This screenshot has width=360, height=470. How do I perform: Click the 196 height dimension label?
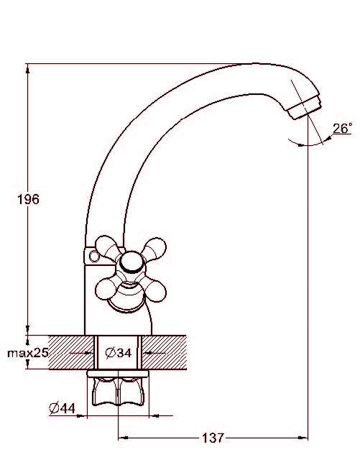[x=28, y=199]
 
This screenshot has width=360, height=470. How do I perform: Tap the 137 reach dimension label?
[x=213, y=438]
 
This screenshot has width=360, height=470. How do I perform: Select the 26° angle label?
[x=342, y=129]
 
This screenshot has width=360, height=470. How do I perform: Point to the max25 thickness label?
[x=27, y=353]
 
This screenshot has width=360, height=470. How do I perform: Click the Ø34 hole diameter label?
[x=119, y=353]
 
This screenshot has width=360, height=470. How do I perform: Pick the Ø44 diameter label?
[x=62, y=408]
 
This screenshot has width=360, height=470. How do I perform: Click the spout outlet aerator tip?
[x=304, y=107]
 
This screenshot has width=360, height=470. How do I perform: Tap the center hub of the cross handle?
[x=130, y=262]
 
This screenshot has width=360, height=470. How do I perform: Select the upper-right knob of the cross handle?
[x=156, y=247]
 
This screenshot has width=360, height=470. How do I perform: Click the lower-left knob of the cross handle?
[x=105, y=289]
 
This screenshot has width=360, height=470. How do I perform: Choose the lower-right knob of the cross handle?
[x=156, y=288]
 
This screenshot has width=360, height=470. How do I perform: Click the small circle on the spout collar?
[x=94, y=257]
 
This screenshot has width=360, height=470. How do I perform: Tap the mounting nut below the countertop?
[x=118, y=388]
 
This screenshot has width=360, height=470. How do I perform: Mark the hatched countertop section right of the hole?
[x=164, y=352]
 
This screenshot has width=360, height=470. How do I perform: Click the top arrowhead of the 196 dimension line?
[x=28, y=69]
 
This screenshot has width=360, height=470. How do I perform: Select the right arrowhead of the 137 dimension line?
[x=302, y=438]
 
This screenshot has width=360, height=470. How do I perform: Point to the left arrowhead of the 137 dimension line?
[x=124, y=438]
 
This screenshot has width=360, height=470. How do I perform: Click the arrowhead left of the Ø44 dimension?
[x=81, y=416]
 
